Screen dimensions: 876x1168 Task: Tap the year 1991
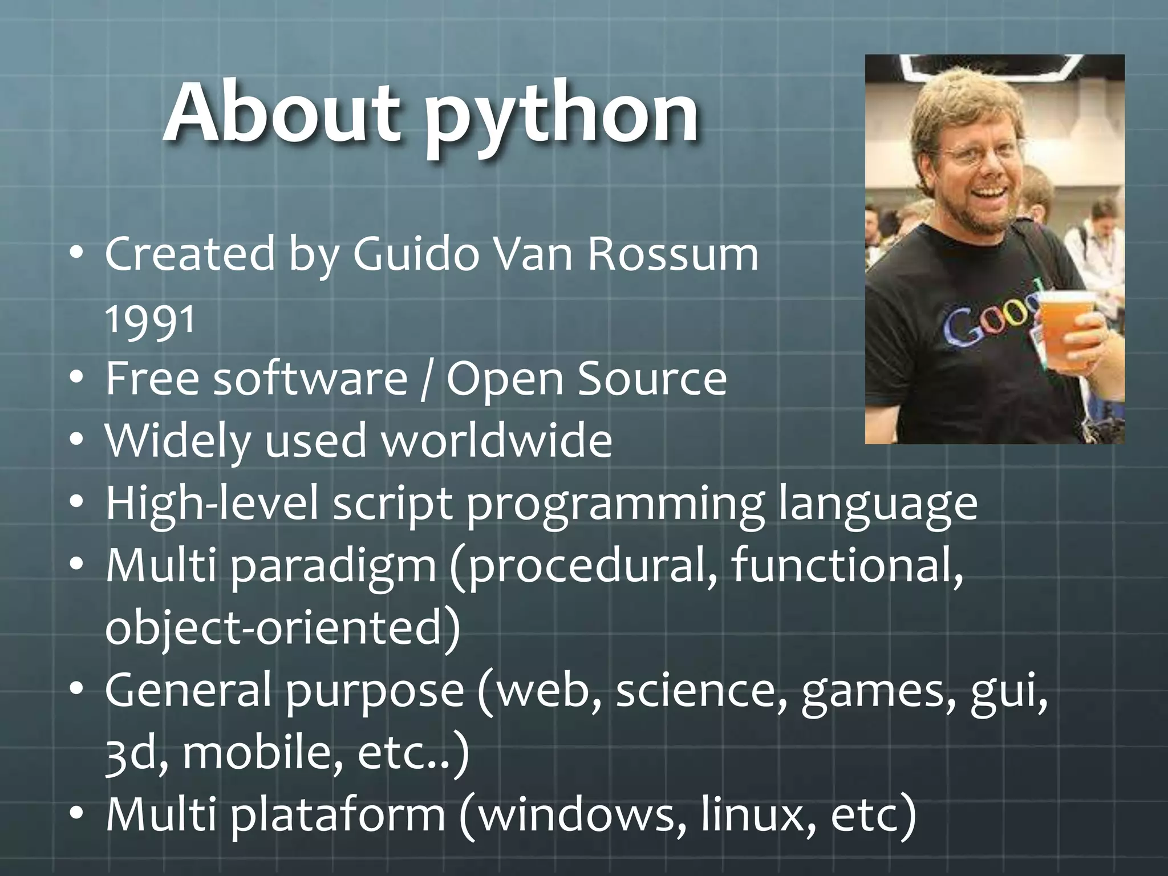(x=151, y=320)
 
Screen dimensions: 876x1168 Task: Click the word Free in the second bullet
(x=152, y=379)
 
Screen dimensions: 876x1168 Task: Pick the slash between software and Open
(x=427, y=381)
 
